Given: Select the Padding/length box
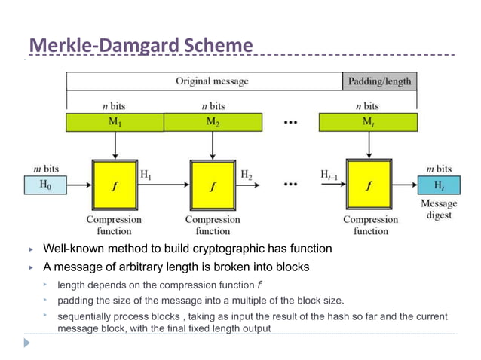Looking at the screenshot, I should pos(379,81).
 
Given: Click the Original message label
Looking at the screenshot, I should pos(212,81).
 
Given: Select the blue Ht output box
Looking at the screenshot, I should pos(438,184).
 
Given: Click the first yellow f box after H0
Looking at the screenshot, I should pos(115,185).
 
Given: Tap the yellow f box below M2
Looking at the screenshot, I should pos(213,185).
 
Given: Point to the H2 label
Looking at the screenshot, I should pos(247,174).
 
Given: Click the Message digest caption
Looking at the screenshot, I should pos(438,209).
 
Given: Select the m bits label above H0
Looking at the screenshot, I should pos(46,168).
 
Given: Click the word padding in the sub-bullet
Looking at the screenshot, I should pos(75,300).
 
